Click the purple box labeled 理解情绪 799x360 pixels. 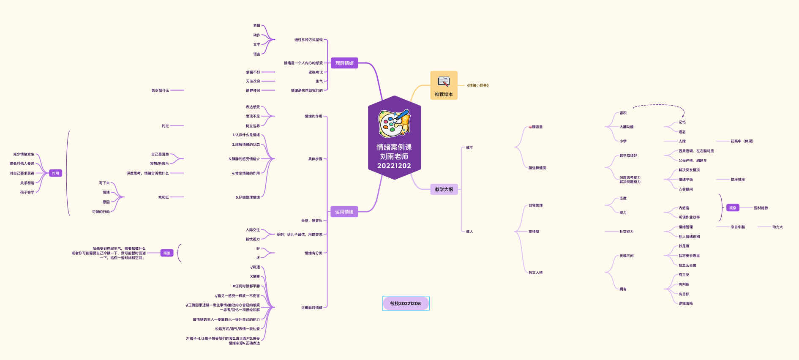[344, 63]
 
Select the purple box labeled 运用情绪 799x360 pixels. [344, 212]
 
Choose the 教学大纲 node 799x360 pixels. [444, 189]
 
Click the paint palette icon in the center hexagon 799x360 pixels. [394, 123]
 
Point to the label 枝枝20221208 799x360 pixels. [405, 303]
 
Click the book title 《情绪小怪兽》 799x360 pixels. [478, 85]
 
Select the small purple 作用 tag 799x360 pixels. [55, 173]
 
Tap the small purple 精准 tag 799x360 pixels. [167, 253]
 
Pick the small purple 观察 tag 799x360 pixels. [732, 208]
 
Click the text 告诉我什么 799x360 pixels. [160, 90]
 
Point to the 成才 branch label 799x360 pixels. [469, 147]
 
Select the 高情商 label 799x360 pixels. [534, 232]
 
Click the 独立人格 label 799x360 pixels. [535, 273]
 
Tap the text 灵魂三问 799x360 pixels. [626, 256]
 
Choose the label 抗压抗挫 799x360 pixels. [738, 180]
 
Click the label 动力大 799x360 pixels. [777, 227]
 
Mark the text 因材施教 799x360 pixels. [761, 208]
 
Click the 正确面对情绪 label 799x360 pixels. [311, 308]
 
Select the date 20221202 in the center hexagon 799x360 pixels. [394, 166]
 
